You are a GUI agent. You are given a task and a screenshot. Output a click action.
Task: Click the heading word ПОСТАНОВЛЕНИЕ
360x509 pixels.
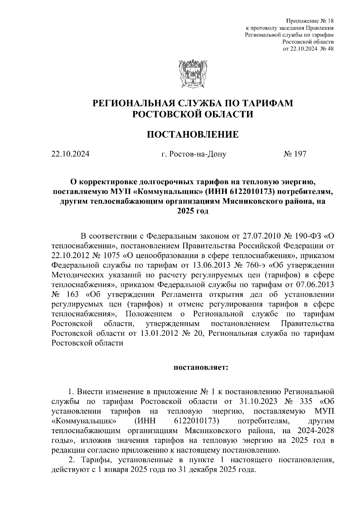pos(193,134)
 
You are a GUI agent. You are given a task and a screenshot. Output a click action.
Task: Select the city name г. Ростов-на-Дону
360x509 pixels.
pos(193,154)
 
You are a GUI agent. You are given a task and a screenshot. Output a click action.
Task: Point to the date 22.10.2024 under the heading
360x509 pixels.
pos(70,154)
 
